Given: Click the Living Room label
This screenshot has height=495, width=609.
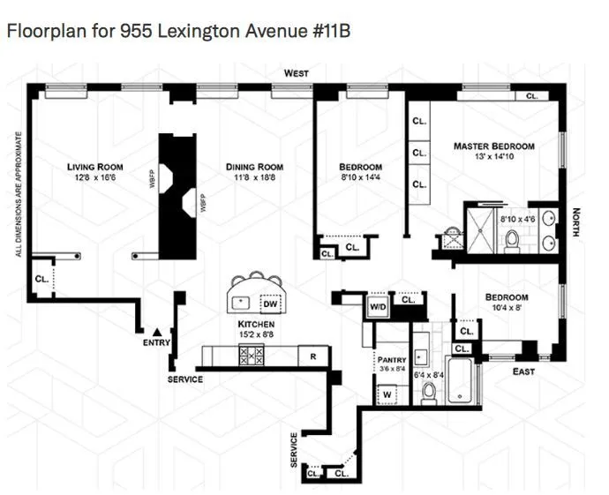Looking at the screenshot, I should point(96,167).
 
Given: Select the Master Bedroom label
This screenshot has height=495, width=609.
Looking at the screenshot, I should point(494,146).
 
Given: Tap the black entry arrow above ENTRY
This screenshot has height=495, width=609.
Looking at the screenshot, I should point(155,330).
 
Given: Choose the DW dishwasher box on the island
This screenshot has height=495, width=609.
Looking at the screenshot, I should point(270,302).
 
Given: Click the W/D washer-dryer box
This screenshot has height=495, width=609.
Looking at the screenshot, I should point(378,307).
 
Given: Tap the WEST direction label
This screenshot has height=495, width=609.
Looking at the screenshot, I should point(297,73).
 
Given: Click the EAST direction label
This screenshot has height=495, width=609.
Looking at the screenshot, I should point(523,371).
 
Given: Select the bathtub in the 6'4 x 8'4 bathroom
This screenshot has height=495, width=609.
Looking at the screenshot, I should point(461,382).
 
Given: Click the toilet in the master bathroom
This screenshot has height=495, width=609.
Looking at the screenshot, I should point(512,236).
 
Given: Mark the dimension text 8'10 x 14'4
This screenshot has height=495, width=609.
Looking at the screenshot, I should point(360,177).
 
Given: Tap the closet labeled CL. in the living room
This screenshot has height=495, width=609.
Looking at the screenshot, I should point(42,279).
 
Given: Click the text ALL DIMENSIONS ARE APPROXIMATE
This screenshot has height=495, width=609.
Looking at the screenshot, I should point(18,194).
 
